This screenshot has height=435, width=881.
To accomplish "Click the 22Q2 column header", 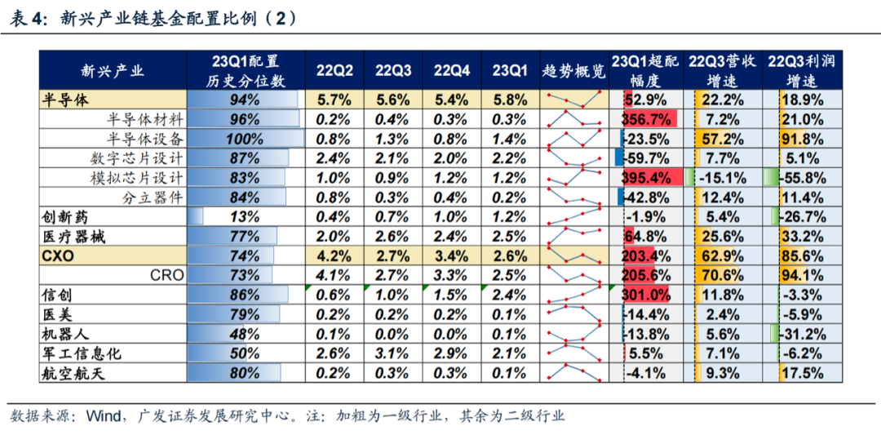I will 334,71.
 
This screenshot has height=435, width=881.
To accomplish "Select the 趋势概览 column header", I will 574,71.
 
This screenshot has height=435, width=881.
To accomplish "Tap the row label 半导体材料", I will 144,119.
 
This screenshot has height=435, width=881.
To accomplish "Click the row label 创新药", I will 63,217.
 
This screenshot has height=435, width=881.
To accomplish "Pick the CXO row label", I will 58,255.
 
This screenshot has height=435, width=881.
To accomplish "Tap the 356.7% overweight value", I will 646,119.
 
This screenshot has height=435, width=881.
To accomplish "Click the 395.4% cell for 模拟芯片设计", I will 646,178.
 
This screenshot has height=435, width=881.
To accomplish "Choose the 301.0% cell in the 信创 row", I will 646,295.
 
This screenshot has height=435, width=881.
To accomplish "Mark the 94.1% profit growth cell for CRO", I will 803,275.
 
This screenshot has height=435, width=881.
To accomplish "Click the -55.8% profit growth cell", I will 803,178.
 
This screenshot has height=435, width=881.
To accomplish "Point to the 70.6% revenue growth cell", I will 722,275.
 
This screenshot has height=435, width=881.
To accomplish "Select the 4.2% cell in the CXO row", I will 334,255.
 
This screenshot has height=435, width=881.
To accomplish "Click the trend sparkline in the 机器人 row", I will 574,334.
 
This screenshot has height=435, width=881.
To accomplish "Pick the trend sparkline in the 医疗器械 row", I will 574,237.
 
